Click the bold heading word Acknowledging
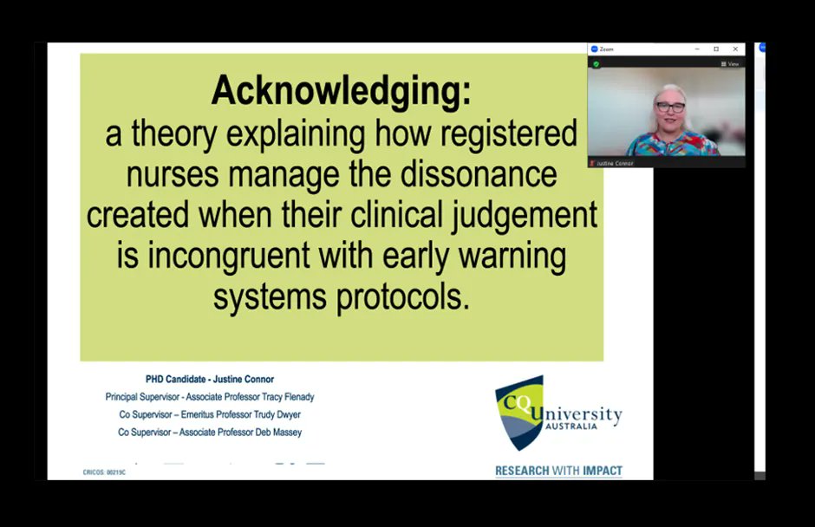pos(341,91)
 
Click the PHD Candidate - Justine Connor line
pos(209,379)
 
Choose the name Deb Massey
pos(275,432)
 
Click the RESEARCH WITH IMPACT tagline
pos(558,472)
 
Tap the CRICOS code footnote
pos(98,473)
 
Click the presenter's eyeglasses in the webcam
pos(670,107)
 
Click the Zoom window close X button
pos(736,49)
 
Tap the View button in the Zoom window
pos(730,64)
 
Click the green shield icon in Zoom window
pos(597,64)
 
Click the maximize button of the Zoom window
pos(716,49)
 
